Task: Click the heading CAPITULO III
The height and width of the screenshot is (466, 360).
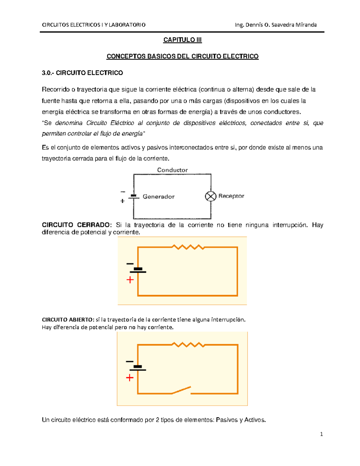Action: [x=182, y=40]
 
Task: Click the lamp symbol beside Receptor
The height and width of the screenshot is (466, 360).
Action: [x=211, y=196]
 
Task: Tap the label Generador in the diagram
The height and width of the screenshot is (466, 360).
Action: [x=158, y=197]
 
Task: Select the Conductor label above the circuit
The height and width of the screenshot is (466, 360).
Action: [x=172, y=170]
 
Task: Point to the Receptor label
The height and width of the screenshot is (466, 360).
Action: [x=231, y=196]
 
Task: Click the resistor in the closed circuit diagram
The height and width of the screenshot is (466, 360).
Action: [x=188, y=247]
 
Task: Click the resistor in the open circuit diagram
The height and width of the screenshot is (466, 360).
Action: [x=188, y=345]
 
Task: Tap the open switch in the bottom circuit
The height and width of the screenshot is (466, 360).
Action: [x=181, y=390]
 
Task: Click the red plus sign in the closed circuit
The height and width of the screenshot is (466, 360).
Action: [x=130, y=280]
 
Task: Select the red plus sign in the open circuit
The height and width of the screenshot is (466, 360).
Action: [x=130, y=378]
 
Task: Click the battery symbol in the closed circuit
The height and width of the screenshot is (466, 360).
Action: [x=138, y=270]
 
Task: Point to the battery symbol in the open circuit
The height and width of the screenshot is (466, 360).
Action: [x=138, y=368]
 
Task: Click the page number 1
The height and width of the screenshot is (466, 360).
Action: [x=321, y=434]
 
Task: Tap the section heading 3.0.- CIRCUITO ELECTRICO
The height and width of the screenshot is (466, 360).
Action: [x=82, y=73]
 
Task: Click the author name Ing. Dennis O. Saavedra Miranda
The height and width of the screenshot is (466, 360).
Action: [x=276, y=25]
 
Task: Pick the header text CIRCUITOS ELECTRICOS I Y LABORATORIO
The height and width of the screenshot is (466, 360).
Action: [x=94, y=25]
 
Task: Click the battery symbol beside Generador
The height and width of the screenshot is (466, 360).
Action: [x=134, y=197]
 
